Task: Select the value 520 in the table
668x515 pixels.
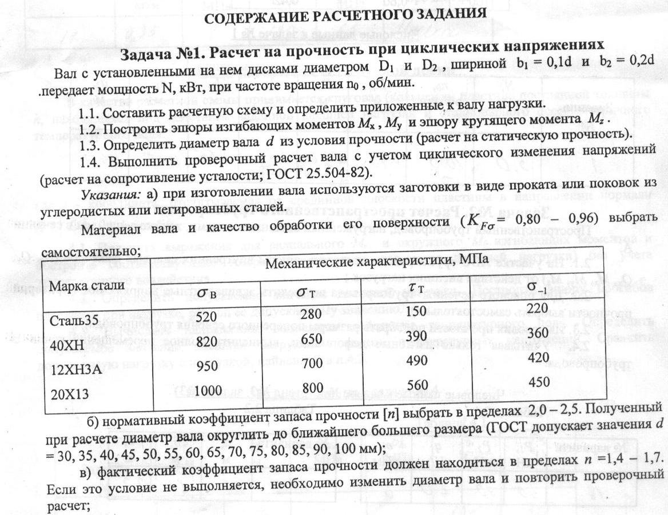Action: point(206,317)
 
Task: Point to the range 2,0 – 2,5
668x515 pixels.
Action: point(547,412)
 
